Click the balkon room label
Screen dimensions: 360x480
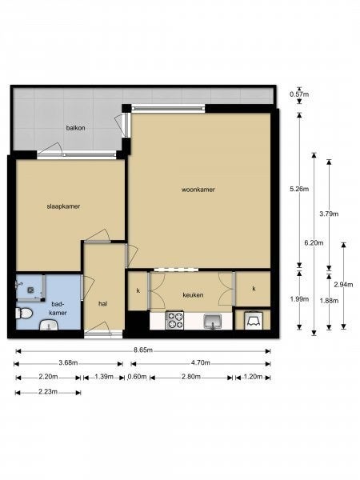point(76,128)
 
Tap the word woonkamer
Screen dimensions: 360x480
point(198,190)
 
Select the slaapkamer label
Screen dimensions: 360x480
point(63,206)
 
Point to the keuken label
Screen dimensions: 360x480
point(193,295)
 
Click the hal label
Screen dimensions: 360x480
point(103,304)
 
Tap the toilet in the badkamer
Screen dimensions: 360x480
point(24,313)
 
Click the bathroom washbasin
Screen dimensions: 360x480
point(49,325)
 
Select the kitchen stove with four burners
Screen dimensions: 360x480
point(174,320)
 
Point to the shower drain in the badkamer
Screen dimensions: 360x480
point(30,290)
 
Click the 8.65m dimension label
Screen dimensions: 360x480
point(143,350)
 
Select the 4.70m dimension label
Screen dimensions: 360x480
point(201,363)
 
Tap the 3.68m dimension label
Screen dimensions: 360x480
point(68,363)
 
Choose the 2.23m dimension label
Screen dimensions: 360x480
point(48,391)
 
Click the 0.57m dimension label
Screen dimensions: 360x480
point(299,94)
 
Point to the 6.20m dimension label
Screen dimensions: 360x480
point(314,243)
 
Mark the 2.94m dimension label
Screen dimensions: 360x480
point(343,285)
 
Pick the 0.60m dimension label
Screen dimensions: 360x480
point(137,377)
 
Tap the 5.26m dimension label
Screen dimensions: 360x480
point(299,189)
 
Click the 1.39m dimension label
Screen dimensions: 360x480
point(104,377)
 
